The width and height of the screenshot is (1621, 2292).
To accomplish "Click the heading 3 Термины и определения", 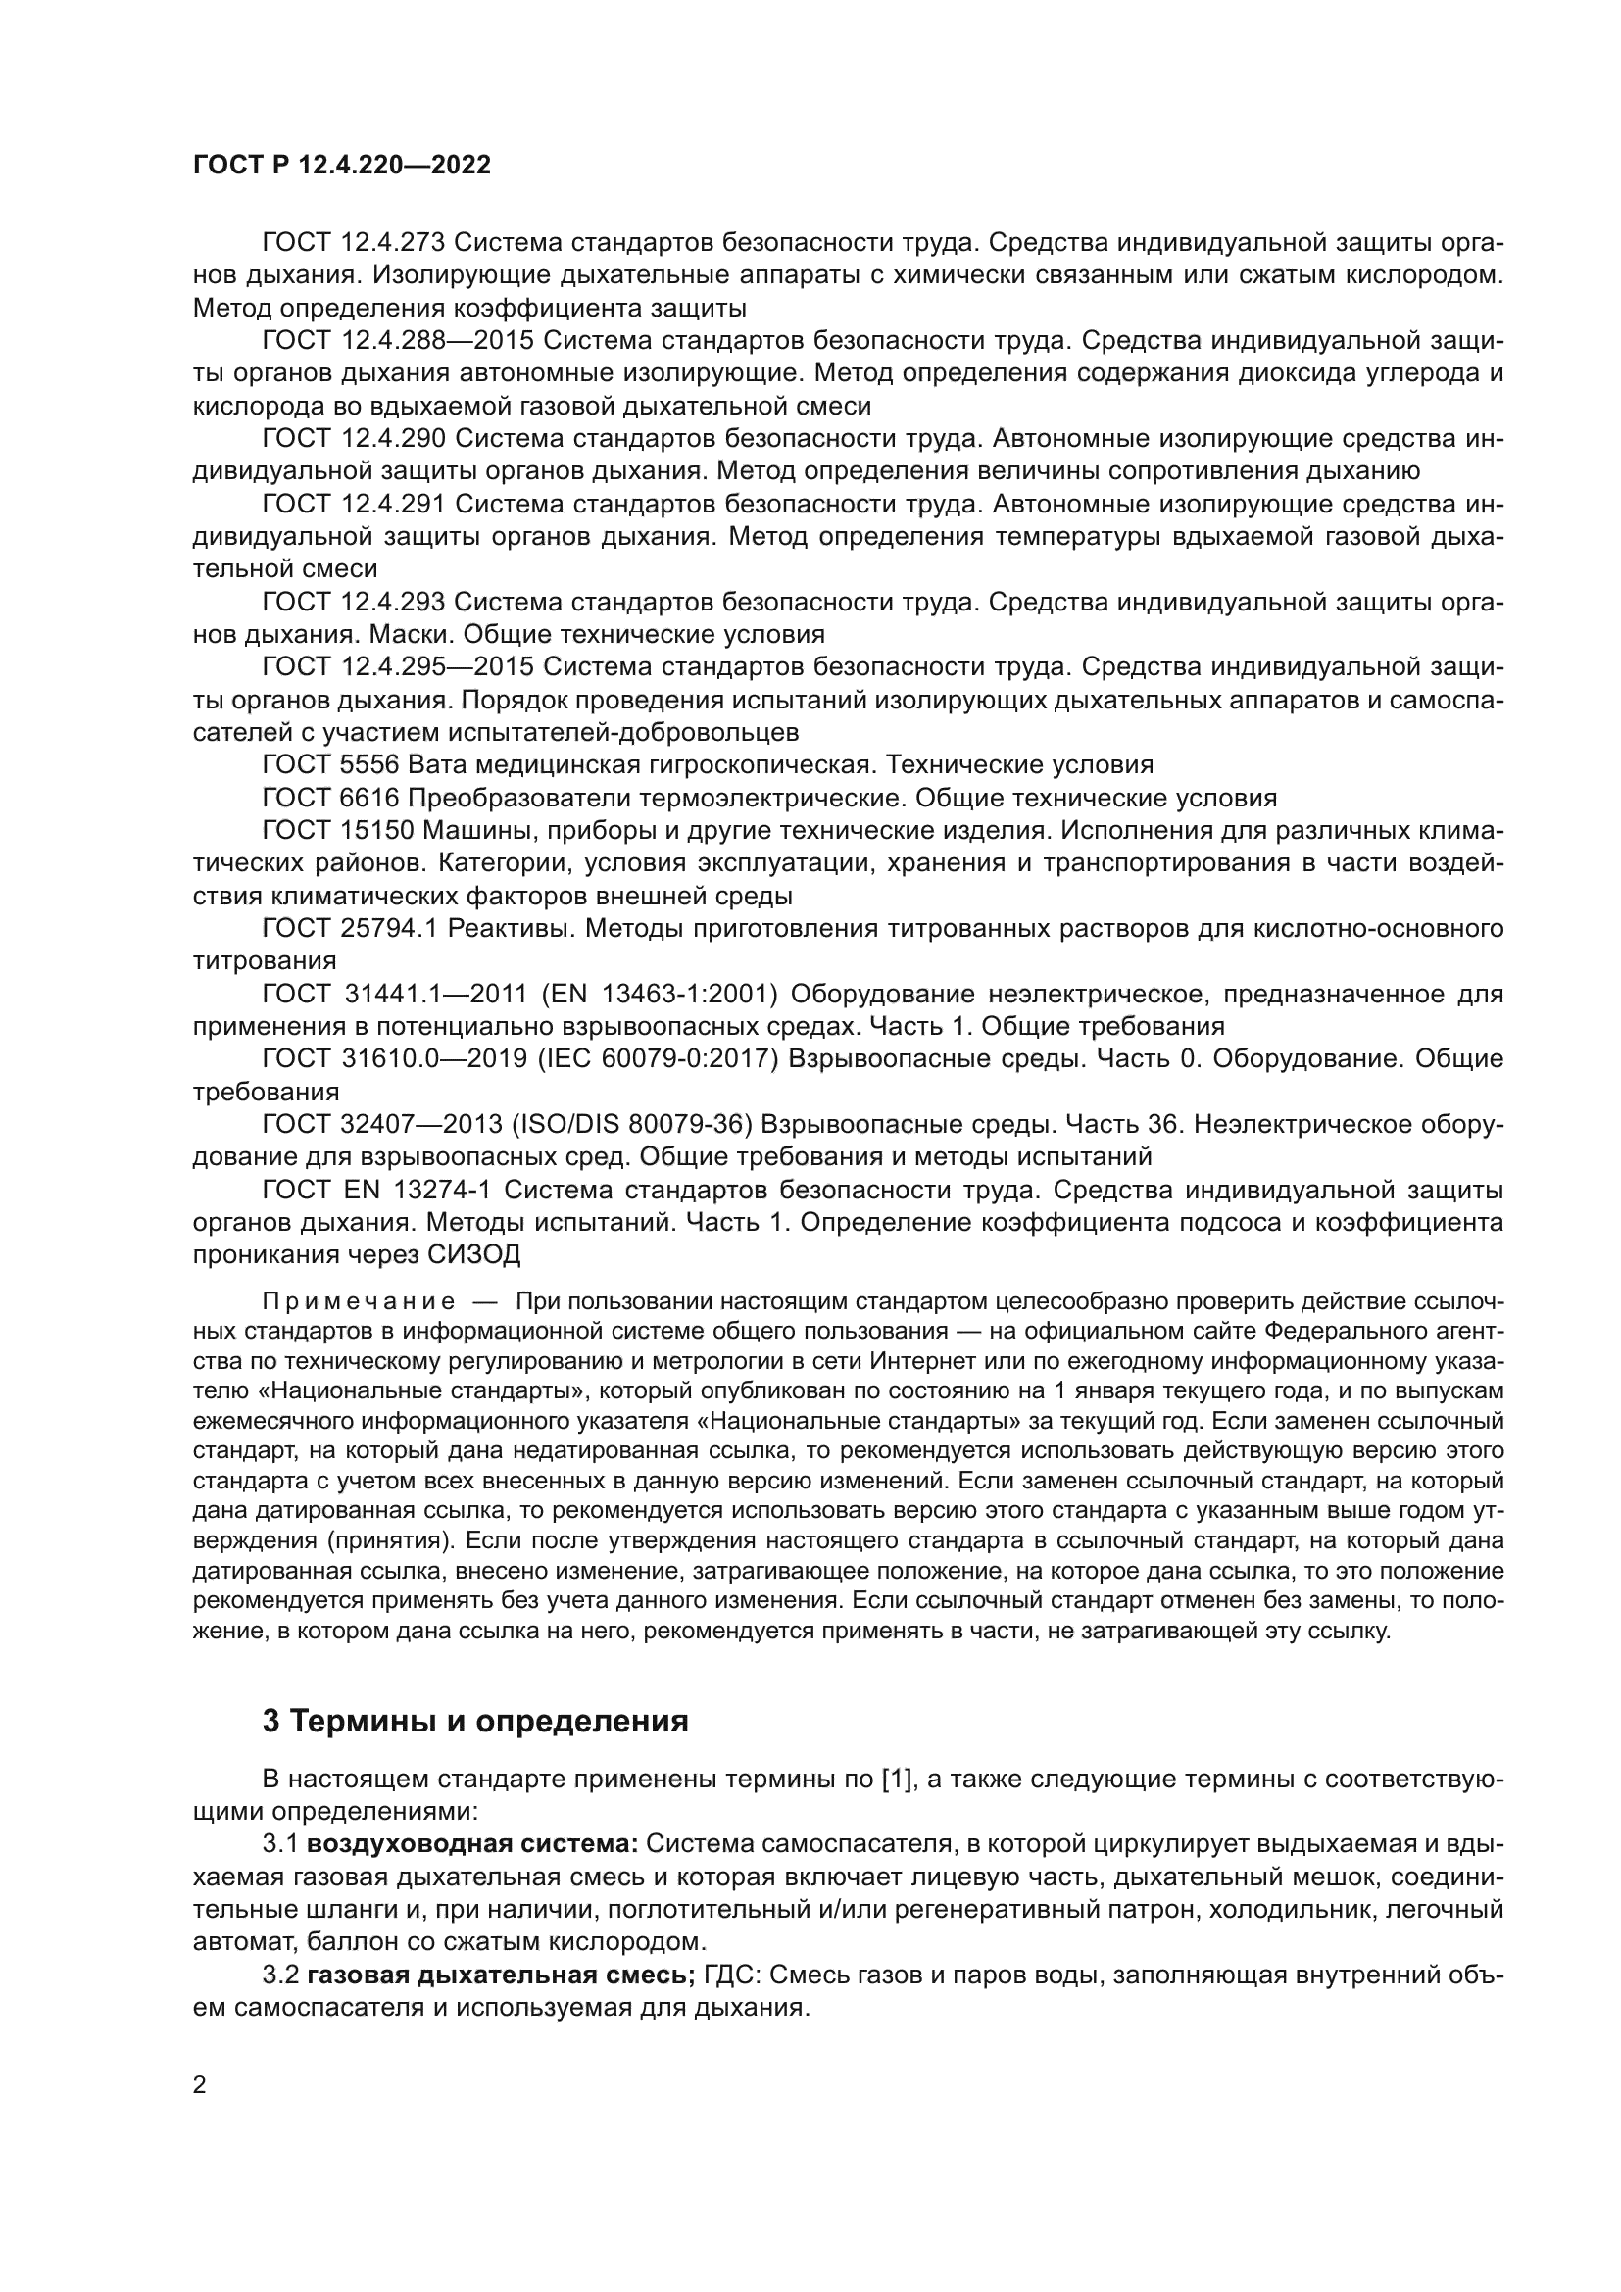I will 475,1721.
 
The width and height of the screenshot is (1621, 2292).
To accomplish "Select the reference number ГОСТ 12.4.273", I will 353,242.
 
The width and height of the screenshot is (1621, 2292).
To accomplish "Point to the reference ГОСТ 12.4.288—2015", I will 397,340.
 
